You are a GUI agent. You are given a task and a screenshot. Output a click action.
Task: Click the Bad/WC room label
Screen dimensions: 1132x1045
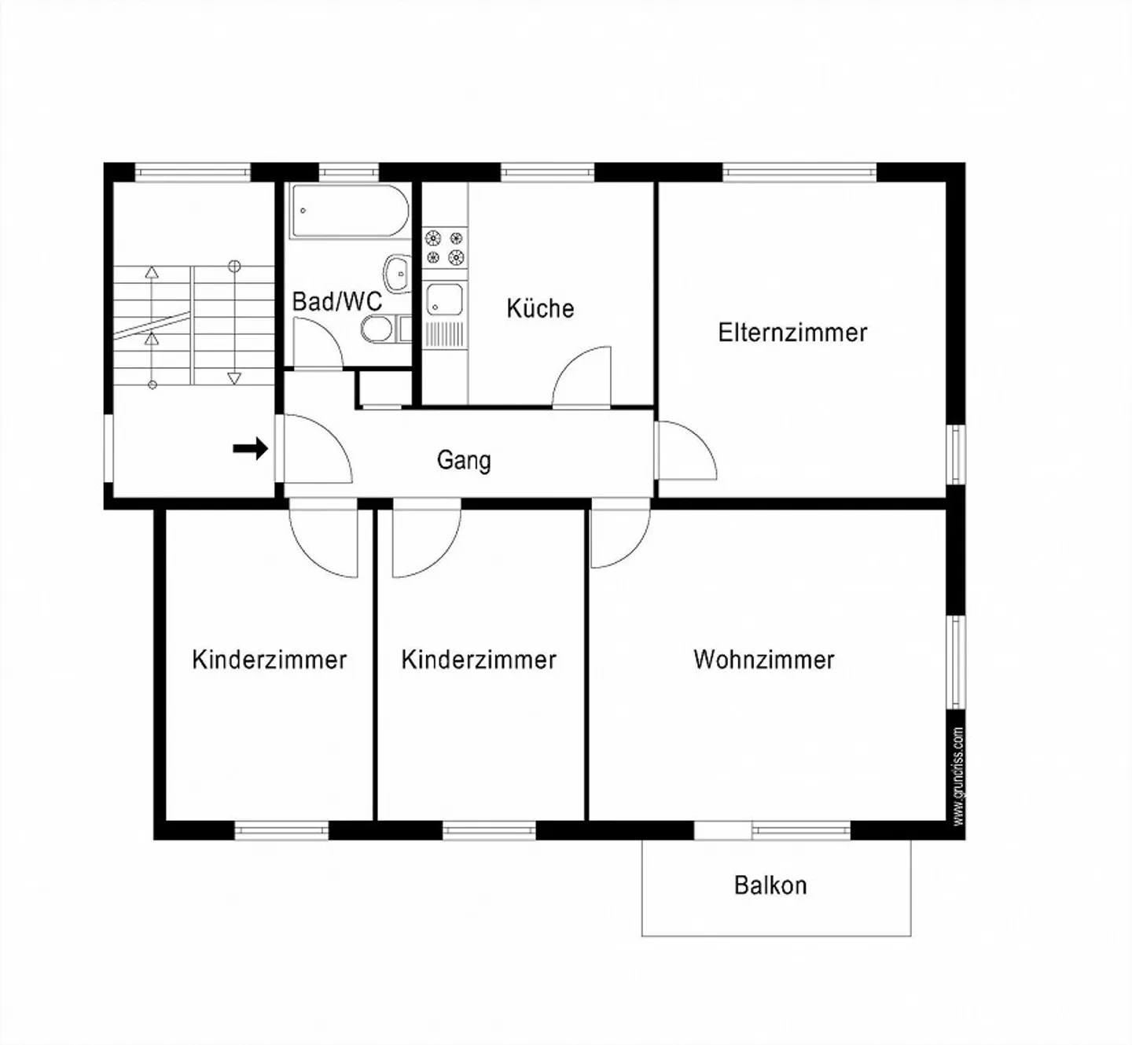[337, 302]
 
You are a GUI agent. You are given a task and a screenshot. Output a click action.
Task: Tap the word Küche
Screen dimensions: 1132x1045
[540, 308]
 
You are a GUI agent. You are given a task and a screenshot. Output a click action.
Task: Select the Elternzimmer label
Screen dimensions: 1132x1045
[792, 333]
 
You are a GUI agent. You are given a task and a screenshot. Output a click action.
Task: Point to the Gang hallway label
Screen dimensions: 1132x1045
[464, 460]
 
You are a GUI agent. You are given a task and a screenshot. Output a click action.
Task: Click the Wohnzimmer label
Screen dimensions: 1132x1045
[764, 660]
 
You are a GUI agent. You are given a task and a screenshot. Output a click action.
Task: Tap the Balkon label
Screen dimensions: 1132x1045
[770, 885]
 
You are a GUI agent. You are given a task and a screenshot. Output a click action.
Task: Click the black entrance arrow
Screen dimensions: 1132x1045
[250, 448]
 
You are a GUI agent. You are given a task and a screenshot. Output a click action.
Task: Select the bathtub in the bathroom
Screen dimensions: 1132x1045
[349, 211]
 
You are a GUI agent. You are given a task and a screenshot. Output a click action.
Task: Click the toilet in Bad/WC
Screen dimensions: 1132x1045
[377, 329]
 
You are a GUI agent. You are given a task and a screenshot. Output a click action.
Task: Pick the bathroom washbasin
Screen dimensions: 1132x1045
[398, 274]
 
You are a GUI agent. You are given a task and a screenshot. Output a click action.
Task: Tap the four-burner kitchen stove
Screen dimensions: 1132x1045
[445, 248]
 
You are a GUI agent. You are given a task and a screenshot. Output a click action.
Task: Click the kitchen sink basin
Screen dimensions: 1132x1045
[445, 300]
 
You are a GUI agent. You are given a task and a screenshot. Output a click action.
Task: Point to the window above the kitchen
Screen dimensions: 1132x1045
[547, 172]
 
